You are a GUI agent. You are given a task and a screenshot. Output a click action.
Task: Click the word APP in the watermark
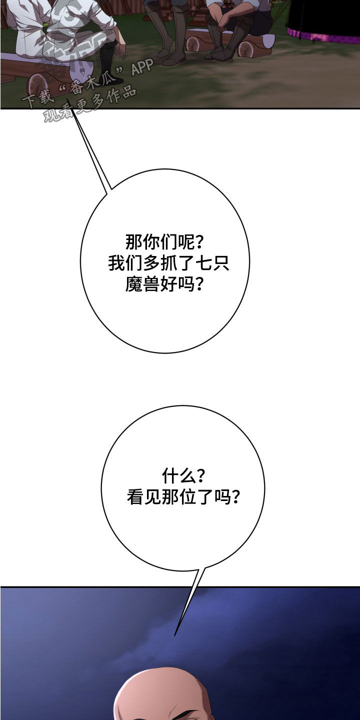click(x=142, y=67)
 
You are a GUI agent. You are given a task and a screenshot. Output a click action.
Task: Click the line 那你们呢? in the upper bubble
click(x=164, y=241)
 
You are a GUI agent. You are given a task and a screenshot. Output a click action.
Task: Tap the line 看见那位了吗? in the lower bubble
click(x=183, y=497)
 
